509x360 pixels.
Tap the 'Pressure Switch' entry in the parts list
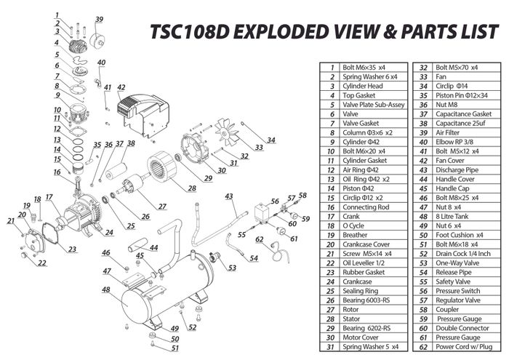click(455, 289)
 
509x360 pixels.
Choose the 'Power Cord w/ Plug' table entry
click(462, 347)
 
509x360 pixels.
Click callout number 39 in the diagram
click(99, 19)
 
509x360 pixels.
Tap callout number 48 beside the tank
click(106, 289)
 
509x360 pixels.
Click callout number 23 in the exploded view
click(72, 249)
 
